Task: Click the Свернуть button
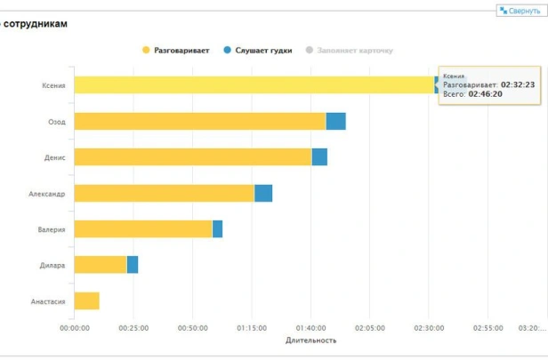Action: click(x=520, y=11)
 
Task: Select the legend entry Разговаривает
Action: click(x=175, y=51)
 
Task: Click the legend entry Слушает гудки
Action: click(x=257, y=51)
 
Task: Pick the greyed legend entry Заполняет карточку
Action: click(x=349, y=51)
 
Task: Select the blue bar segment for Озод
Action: click(x=335, y=121)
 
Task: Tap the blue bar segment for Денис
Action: click(x=319, y=156)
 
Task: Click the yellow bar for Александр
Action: click(x=164, y=193)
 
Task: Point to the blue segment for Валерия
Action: click(x=217, y=229)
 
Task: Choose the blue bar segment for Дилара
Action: click(x=133, y=265)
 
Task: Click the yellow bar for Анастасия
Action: click(x=86, y=301)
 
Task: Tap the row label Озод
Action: click(x=55, y=122)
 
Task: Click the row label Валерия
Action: click(x=51, y=229)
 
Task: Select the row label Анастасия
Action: click(x=48, y=301)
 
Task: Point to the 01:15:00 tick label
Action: click(x=252, y=328)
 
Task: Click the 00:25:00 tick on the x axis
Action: click(x=133, y=328)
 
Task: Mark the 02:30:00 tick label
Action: click(x=429, y=328)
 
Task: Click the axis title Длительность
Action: click(x=310, y=340)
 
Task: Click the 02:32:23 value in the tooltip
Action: click(x=518, y=84)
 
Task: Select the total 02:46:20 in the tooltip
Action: click(x=486, y=93)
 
